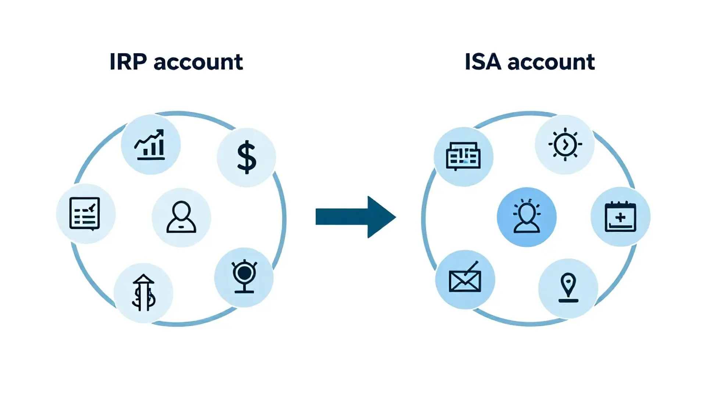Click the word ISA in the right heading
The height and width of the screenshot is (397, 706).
point(483,62)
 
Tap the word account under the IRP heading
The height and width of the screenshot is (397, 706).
point(198,62)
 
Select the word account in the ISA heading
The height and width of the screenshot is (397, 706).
point(551,62)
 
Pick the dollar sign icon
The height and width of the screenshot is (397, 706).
point(246,157)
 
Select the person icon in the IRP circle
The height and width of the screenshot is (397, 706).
point(181,217)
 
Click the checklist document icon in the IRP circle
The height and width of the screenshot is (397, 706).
point(85,214)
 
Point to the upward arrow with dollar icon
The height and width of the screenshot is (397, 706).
point(143,293)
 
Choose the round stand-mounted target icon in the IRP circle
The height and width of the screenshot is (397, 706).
point(244,277)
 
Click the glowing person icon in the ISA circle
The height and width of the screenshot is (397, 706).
point(527,217)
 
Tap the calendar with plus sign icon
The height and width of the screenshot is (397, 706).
point(620,217)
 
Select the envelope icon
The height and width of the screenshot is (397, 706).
point(465,280)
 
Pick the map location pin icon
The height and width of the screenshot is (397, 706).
point(568,288)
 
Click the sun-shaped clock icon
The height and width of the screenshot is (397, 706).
point(565,144)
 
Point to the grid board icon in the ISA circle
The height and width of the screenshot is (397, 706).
point(463,157)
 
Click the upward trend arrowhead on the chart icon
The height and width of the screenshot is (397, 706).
point(161,132)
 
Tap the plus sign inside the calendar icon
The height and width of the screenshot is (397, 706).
point(620,218)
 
